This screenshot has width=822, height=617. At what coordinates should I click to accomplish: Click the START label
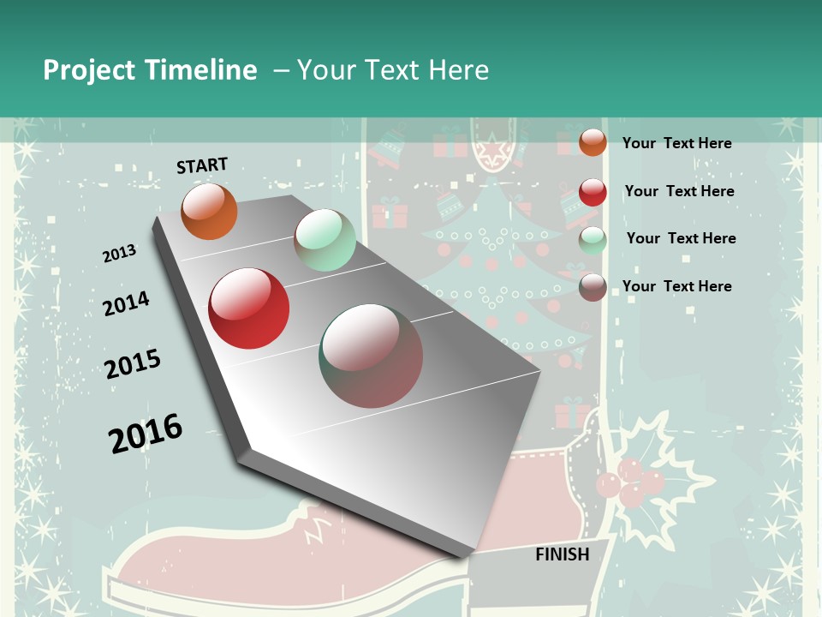pos(202,165)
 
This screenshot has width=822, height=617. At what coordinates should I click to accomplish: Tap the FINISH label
pos(563,554)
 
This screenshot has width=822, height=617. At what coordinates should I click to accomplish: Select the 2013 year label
pos(120,254)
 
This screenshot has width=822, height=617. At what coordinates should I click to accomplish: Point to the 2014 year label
pos(126,304)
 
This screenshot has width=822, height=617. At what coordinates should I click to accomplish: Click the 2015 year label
pos(133,364)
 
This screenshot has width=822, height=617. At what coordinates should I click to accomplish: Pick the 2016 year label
pos(146,433)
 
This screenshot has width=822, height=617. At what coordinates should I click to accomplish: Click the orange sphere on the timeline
pos(210,212)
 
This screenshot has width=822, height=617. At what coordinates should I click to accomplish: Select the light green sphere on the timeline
pos(325,240)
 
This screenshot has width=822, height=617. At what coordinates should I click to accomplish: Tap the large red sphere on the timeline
pos(249,308)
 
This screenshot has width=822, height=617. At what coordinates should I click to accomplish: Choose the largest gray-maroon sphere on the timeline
pos(371,356)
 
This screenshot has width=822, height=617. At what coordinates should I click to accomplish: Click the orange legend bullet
pos(593,142)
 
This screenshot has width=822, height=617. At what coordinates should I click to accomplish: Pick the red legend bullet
pos(593,192)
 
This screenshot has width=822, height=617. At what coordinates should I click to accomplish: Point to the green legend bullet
pos(593,240)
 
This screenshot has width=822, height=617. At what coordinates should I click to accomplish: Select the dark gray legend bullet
pos(593,287)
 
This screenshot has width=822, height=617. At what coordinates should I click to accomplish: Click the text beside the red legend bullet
pos(679,191)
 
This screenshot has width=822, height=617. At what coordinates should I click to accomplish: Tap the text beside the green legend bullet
pos(681,238)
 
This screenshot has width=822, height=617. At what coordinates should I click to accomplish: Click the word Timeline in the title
pos(200,70)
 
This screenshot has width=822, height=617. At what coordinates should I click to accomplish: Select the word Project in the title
pos(90,70)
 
